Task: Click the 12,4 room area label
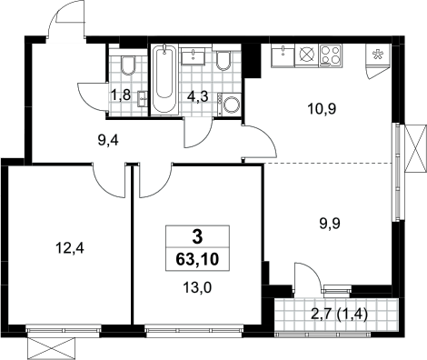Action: (70, 249)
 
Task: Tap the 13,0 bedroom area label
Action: (197, 287)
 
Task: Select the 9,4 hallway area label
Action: (108, 140)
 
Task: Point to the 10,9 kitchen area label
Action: (322, 108)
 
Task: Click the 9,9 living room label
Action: (330, 224)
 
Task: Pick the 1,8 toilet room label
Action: (121, 95)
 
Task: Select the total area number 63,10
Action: (197, 259)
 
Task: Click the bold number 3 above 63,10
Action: (197, 237)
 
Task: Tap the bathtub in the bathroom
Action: (164, 79)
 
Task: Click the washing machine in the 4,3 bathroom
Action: (229, 104)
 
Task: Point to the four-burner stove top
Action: (331, 55)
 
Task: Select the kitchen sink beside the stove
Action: (283, 55)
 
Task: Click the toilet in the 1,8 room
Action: (128, 65)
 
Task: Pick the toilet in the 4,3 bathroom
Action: (224, 61)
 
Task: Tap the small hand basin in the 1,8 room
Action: (143, 99)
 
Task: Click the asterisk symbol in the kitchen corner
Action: (377, 55)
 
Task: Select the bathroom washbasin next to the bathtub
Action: (194, 56)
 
